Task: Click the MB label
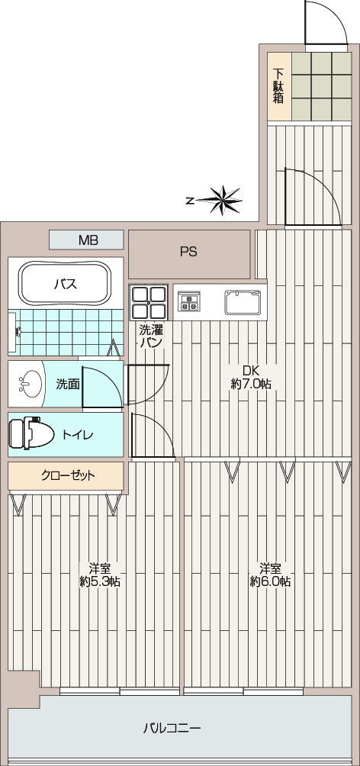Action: pyautogui.click(x=88, y=240)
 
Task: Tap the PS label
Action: pyautogui.click(x=188, y=252)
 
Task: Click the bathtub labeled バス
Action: pyautogui.click(x=66, y=284)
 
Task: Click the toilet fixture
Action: pyautogui.click(x=32, y=433)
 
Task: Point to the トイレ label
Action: pyautogui.click(x=77, y=434)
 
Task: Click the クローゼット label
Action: pyautogui.click(x=68, y=475)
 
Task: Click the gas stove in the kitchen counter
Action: pyautogui.click(x=188, y=301)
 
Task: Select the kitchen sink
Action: pyautogui.click(x=243, y=302)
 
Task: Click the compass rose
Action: pyautogui.click(x=220, y=200)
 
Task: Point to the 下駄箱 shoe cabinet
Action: pyautogui.click(x=279, y=86)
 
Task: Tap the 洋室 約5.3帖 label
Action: pyautogui.click(x=100, y=575)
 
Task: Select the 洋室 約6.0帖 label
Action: pyautogui.click(x=271, y=575)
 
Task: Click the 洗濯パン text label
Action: pyautogui.click(x=151, y=336)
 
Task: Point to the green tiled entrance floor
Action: pyautogui.click(x=321, y=86)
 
